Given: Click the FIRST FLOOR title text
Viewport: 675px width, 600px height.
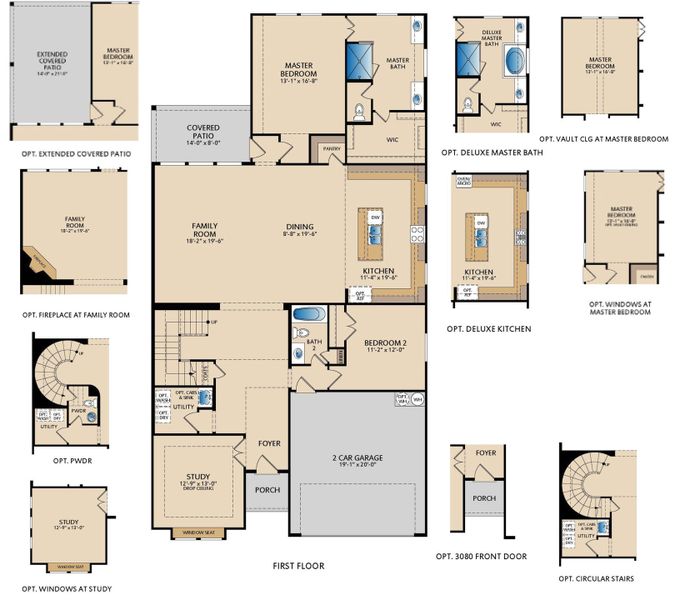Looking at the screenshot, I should click(x=298, y=566).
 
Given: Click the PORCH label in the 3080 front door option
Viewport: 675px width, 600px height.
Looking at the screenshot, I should click(x=484, y=498).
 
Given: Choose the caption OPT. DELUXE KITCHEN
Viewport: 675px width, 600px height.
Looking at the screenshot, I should click(x=488, y=328).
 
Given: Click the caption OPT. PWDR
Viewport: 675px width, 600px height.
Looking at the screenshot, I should click(x=63, y=462).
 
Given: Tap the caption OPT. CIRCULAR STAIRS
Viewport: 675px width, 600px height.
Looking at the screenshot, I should click(x=596, y=578).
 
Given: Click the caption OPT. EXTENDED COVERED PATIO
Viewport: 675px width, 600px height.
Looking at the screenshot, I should click(x=76, y=155).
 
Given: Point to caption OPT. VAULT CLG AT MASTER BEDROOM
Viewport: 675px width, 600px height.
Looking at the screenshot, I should click(x=603, y=139).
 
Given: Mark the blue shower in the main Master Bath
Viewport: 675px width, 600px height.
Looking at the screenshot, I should click(x=360, y=59).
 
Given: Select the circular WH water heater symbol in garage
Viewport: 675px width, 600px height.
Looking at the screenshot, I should click(x=416, y=398).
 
